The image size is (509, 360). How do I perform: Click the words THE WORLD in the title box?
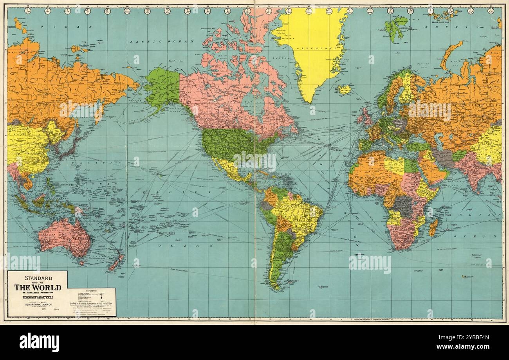[x=38, y=287]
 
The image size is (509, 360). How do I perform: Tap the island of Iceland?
[x=344, y=90]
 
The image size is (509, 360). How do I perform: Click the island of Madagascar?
[x=433, y=227]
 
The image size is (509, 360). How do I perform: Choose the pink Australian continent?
[x=65, y=237]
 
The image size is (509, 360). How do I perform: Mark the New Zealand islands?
[x=117, y=263]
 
